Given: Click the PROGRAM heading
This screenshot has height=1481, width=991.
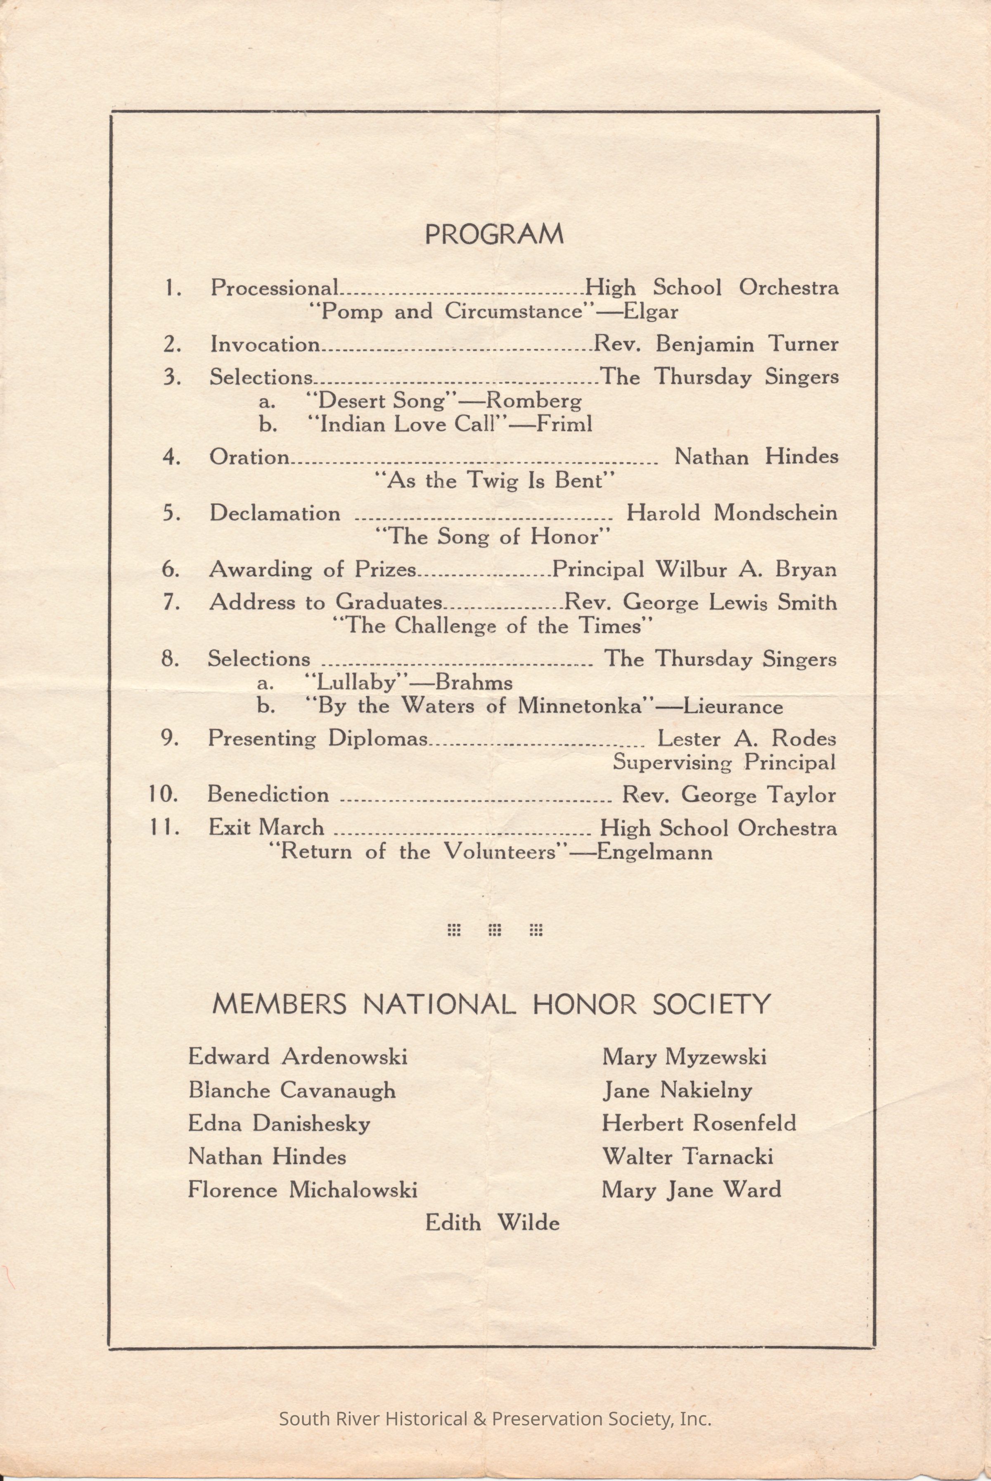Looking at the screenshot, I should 493,235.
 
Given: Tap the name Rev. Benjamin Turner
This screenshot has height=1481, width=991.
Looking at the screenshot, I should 716,345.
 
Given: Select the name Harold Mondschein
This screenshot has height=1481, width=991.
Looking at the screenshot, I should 731,513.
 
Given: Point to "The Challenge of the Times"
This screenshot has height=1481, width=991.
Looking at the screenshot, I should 492,626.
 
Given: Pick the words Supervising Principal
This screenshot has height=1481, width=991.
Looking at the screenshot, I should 724,763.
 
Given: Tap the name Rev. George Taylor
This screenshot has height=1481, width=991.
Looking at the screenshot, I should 729,795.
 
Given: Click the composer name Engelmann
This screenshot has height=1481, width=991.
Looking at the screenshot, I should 654,852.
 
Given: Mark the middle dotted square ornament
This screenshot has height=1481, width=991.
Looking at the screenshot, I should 495,929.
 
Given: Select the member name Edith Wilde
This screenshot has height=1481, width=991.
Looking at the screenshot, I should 492,1222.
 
